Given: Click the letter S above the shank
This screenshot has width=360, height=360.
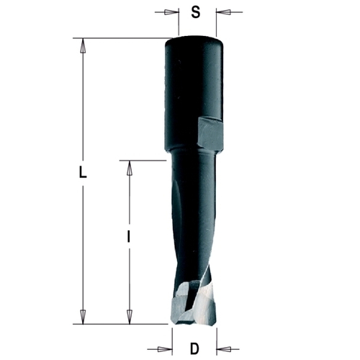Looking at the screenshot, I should point(195,12).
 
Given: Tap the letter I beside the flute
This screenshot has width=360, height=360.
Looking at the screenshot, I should point(127,236).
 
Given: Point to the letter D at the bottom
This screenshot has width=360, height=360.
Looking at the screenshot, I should point(194,349).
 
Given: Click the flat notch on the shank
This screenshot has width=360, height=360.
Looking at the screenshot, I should point(210,134).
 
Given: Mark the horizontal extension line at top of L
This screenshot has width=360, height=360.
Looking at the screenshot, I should point(122,37).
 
